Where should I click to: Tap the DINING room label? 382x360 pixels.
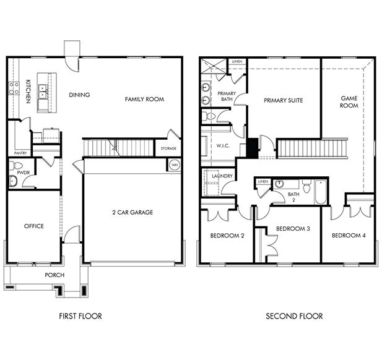80,95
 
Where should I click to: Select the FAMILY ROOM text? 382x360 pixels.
144,99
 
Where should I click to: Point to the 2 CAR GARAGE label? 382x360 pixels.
132,212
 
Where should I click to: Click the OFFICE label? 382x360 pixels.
33,226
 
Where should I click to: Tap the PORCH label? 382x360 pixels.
54,275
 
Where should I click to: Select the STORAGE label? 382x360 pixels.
168,148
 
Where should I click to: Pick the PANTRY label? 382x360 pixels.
20,152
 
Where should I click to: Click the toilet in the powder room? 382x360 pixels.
17,166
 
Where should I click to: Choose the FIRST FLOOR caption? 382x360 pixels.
80,316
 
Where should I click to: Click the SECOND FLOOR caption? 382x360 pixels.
294,316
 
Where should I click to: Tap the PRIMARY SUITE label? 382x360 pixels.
283,100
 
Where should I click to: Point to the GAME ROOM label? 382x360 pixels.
350,101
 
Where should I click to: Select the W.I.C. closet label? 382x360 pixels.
224,147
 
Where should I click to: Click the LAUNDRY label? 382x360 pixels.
222,176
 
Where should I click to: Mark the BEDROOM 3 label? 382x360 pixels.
293,229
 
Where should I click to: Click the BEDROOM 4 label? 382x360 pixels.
348,236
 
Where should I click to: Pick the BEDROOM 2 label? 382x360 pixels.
227,236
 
